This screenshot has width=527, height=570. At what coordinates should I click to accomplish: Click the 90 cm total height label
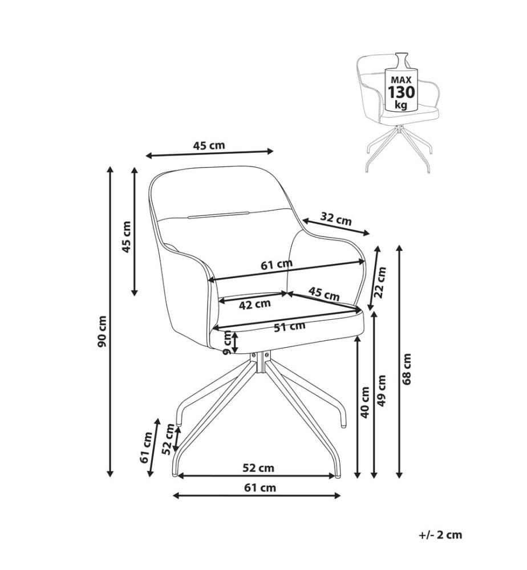pos(103,331)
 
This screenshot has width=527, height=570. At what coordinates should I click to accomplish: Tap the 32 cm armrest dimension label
pos(336,219)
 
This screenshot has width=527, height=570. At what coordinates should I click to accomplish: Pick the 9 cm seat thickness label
pos(228,343)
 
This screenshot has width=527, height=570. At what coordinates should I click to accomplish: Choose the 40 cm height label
pos(365,402)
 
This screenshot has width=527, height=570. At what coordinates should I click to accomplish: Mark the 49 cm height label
pos(381,391)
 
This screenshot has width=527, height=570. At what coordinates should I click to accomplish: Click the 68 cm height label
pos(407,369)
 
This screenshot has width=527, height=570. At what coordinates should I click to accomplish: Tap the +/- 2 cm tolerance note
pos(440,535)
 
